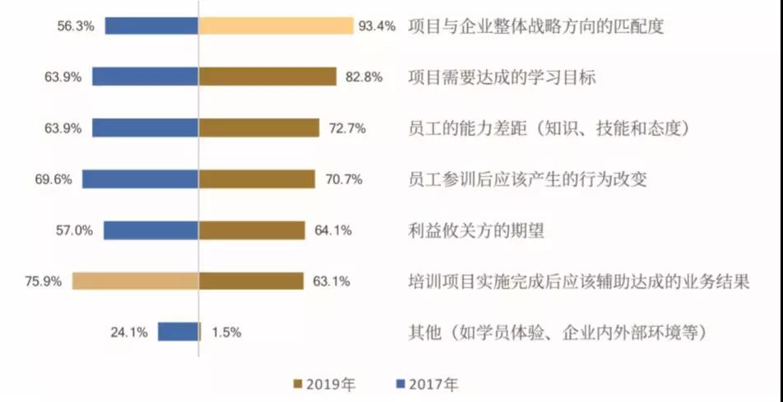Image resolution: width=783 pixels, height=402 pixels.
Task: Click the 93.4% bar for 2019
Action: (276, 25)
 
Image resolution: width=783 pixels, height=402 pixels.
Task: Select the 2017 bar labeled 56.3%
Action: (152, 25)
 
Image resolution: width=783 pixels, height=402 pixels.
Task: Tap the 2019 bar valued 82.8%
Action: (267, 76)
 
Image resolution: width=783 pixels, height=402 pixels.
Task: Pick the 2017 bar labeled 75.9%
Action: (136, 281)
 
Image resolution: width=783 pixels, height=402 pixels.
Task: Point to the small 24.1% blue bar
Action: (178, 332)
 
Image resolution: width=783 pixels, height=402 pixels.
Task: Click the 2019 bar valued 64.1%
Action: (252, 230)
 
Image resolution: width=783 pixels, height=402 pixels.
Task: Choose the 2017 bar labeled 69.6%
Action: (141, 179)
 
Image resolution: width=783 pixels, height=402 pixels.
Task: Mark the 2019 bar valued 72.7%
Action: (259, 128)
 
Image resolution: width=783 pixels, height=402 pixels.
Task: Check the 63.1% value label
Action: (331, 282)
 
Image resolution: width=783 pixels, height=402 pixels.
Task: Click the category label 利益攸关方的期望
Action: (476, 231)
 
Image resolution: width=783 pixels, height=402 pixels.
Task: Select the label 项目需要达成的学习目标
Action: (502, 77)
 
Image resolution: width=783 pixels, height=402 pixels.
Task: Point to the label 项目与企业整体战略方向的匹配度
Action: (535, 26)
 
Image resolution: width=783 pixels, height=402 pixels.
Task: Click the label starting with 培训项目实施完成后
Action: (578, 282)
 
